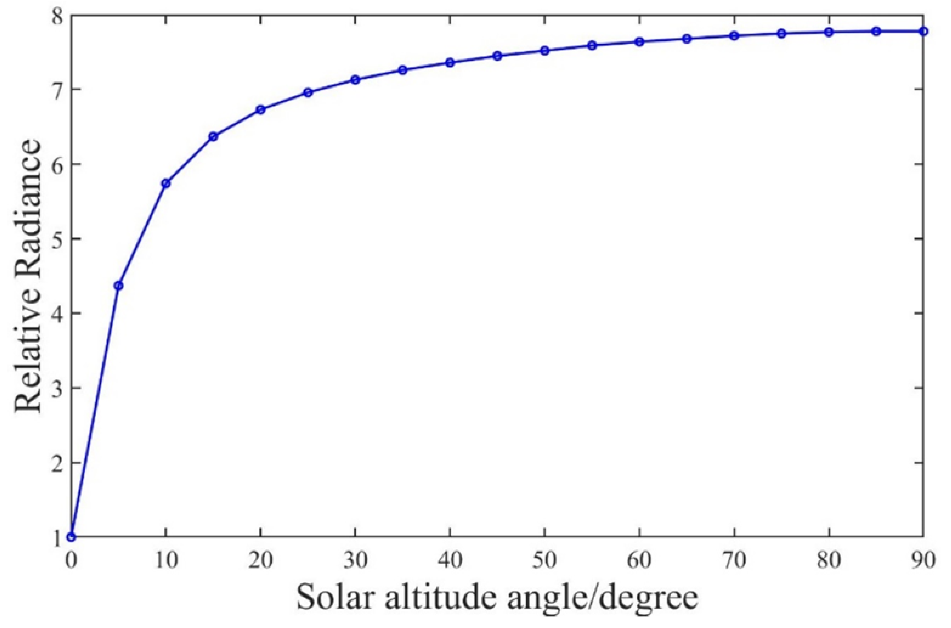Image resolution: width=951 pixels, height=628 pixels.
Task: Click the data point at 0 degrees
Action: (71, 537)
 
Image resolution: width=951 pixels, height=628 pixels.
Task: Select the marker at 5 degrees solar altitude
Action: (118, 285)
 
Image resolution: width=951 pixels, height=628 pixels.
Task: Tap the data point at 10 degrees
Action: (166, 183)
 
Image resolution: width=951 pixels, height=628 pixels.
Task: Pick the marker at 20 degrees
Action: (261, 110)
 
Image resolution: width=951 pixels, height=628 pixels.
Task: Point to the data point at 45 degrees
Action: (497, 56)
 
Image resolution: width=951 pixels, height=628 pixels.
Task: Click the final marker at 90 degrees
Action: (923, 31)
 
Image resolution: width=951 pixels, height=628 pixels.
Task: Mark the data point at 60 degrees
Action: (639, 42)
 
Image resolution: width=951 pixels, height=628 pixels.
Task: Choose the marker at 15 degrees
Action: (213, 137)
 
